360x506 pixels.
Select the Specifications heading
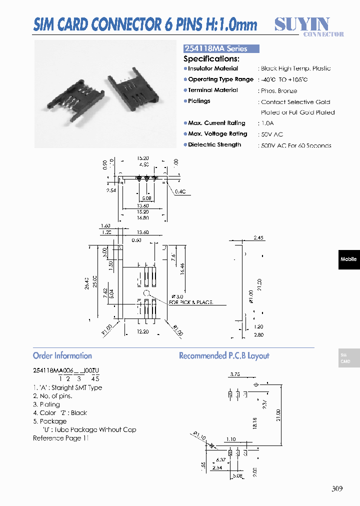211,58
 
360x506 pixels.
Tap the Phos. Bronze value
278,91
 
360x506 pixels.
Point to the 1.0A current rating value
267,123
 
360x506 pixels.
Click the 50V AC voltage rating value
271,134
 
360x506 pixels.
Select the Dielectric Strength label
214,144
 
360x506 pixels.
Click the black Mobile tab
348,259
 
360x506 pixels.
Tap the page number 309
337,489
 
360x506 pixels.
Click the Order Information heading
62,355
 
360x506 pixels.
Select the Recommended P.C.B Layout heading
224,355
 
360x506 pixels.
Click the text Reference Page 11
60,438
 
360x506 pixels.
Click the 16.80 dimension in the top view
142,217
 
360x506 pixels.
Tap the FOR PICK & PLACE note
191,302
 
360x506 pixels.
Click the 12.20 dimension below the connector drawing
142,331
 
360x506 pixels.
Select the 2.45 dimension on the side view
258,238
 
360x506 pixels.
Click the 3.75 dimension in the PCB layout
234,374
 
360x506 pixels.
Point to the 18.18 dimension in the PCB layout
254,423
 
